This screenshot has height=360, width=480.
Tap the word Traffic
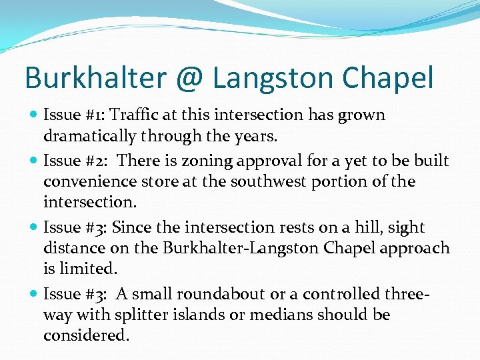tap(139, 115)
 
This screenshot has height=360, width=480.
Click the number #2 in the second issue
tap(87, 161)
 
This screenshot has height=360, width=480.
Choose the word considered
tap(85, 335)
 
